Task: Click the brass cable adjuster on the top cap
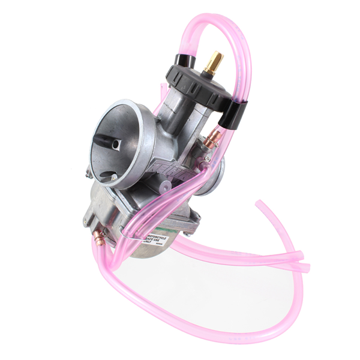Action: click(x=213, y=61)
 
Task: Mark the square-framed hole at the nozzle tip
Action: click(x=117, y=143)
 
